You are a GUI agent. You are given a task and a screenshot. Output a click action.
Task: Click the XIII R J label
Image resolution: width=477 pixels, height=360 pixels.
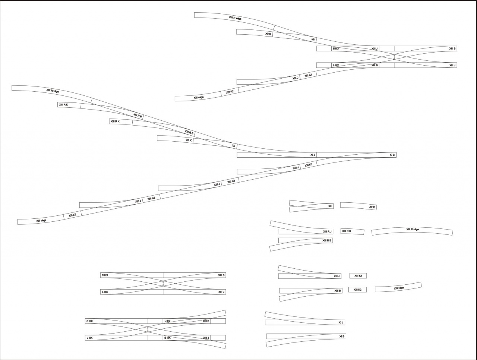(x=327, y=231)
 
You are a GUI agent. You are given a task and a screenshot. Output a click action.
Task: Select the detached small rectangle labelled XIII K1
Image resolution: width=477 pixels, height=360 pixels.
(x=358, y=276)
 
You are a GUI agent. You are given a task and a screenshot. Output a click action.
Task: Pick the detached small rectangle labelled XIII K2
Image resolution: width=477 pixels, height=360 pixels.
(x=357, y=290)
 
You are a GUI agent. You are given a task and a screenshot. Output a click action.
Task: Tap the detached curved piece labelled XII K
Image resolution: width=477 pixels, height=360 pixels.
(x=358, y=206)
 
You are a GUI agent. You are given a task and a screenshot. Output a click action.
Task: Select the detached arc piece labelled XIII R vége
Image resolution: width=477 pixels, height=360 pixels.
(x=412, y=231)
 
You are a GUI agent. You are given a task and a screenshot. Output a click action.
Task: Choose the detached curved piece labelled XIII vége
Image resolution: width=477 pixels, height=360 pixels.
(x=398, y=287)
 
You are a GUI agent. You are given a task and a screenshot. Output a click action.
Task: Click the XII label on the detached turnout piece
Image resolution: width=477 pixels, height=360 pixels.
(x=330, y=206)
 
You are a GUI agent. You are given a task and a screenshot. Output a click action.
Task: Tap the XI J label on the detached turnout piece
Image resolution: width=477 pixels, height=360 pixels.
(x=341, y=322)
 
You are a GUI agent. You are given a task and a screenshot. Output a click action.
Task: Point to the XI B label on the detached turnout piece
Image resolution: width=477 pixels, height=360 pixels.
(x=342, y=336)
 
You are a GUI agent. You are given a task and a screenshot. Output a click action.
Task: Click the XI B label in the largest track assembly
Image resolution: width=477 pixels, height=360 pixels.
(x=392, y=155)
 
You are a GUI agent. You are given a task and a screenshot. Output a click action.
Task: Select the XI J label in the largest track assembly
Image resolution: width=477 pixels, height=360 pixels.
(x=313, y=155)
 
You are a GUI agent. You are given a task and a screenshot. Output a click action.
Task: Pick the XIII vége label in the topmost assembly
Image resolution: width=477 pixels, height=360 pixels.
(x=199, y=98)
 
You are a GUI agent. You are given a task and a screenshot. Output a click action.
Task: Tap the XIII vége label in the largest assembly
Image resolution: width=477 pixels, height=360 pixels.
(x=41, y=221)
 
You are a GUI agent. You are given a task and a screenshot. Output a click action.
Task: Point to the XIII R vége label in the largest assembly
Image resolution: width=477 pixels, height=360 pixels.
(x=53, y=91)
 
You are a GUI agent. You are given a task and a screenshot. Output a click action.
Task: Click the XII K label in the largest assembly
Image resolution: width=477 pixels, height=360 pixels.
(x=189, y=140)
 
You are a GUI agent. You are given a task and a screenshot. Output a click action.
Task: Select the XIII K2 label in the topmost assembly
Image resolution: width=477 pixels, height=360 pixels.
(x=230, y=92)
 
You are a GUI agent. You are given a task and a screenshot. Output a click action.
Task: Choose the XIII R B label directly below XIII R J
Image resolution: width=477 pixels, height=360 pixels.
(x=327, y=240)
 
